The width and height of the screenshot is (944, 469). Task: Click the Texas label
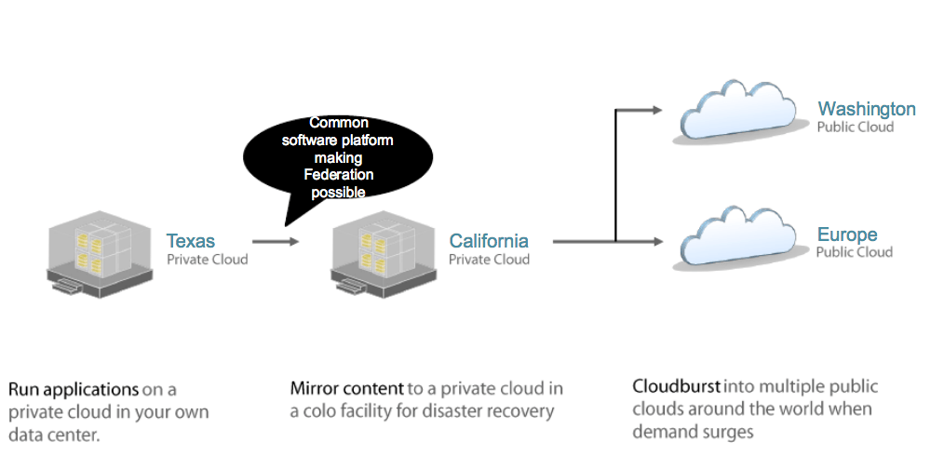(x=190, y=241)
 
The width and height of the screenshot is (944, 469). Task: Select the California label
(x=489, y=241)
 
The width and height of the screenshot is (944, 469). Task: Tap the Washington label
(x=866, y=109)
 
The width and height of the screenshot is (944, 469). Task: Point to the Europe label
(x=847, y=234)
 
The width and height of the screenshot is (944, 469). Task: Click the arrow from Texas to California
(x=276, y=241)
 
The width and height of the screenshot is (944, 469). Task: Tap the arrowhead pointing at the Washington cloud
(x=656, y=110)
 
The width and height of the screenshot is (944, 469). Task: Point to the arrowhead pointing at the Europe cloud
(x=656, y=242)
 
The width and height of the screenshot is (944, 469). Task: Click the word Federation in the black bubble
(x=339, y=175)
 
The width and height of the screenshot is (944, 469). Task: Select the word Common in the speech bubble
(x=339, y=123)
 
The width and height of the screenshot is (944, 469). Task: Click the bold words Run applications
(x=74, y=389)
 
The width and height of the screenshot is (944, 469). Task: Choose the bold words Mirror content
(x=347, y=388)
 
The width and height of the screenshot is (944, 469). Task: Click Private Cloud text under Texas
(x=208, y=260)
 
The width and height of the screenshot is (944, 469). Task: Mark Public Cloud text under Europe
(x=855, y=252)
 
